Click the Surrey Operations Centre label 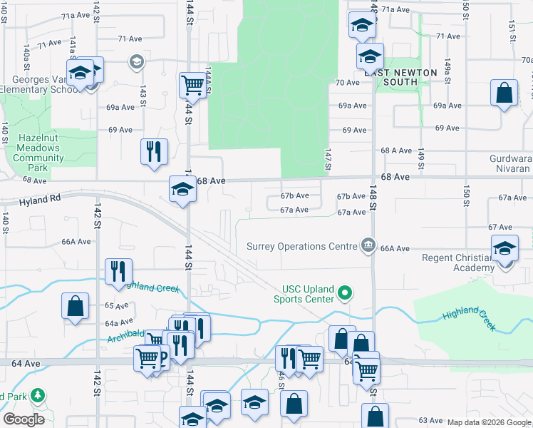pyautogui.click(x=301, y=247)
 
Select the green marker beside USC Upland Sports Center pyautogui.click(x=346, y=292)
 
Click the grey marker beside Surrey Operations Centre pyautogui.click(x=368, y=246)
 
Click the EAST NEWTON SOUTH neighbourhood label pyautogui.click(x=401, y=77)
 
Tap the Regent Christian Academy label pyautogui.click(x=457, y=263)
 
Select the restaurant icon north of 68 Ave pyautogui.click(x=154, y=151)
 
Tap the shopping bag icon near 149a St pyautogui.click(x=504, y=93)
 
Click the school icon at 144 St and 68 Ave pyautogui.click(x=182, y=189)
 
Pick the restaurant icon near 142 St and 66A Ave pyautogui.click(x=118, y=271)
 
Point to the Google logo pyautogui.click(x=24, y=419)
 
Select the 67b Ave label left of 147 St pyautogui.click(x=294, y=196)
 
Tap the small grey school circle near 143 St pyautogui.click(x=136, y=63)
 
